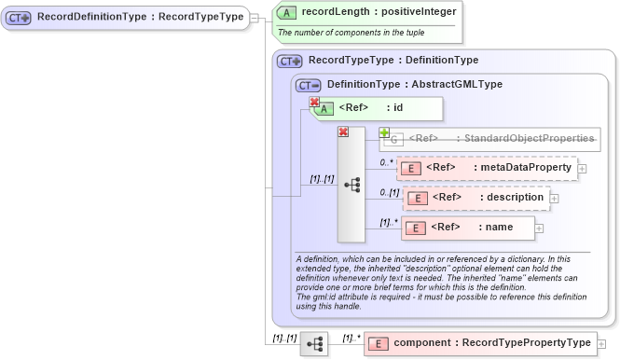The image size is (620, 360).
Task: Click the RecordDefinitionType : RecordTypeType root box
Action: pyautogui.click(x=125, y=17)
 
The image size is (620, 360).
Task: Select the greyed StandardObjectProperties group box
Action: pyautogui.click(x=489, y=139)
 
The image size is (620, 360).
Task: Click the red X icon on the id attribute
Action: pyautogui.click(x=314, y=103)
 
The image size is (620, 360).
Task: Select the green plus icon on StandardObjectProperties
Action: pyautogui.click(x=384, y=133)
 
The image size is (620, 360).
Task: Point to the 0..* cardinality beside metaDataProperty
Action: pyautogui.click(x=385, y=161)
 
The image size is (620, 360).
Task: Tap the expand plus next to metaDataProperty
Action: pyautogui.click(x=583, y=169)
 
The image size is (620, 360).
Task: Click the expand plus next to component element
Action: pyautogui.click(x=601, y=344)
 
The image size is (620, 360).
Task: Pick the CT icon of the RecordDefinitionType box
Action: pyautogui.click(x=19, y=17)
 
